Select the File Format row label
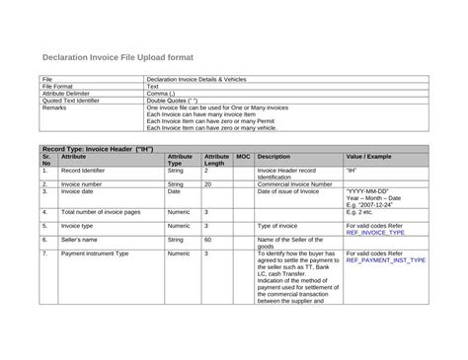point(58,86)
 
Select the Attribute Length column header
point(216,160)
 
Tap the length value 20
point(207,183)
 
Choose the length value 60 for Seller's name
point(207,239)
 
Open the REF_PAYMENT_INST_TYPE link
point(386,260)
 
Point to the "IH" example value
point(352,171)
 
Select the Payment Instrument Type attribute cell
point(96,253)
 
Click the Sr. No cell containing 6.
point(44,239)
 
